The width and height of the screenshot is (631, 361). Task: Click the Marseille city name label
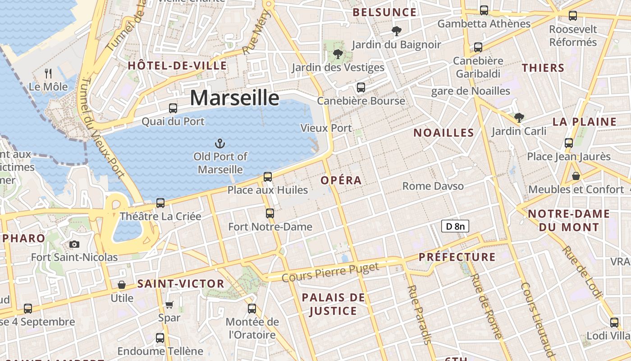pos(234,98)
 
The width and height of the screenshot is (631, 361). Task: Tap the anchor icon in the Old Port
pos(220,144)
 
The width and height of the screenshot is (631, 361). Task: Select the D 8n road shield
pos(455,226)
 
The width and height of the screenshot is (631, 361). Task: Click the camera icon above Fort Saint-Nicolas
pos(74,245)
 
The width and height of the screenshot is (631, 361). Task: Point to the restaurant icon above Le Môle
pos(48,73)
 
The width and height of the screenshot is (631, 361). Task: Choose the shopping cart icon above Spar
pos(169,305)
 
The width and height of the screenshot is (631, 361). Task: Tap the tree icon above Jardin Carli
pos(519,118)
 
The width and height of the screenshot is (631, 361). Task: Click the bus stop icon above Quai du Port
pos(173,108)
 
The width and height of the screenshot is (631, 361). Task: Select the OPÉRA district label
pos(341,180)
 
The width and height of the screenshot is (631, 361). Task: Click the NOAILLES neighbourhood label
pos(444,133)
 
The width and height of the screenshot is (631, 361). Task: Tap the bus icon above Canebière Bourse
pos(361,88)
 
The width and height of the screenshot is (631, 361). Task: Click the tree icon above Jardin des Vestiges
pos(338,55)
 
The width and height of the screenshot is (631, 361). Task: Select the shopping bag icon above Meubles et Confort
pos(576,176)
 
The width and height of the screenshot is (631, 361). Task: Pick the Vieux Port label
pos(326,128)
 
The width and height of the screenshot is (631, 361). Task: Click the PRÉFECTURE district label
pos(457,257)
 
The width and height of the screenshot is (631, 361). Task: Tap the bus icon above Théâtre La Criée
pos(160,203)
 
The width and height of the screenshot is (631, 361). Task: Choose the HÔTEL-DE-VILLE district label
pos(177,65)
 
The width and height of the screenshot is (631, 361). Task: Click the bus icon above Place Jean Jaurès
pos(569,143)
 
